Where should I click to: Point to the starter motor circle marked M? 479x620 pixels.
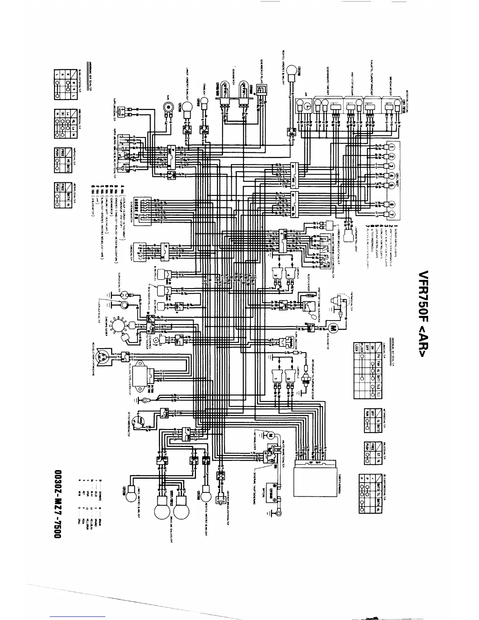pos(270,435)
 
